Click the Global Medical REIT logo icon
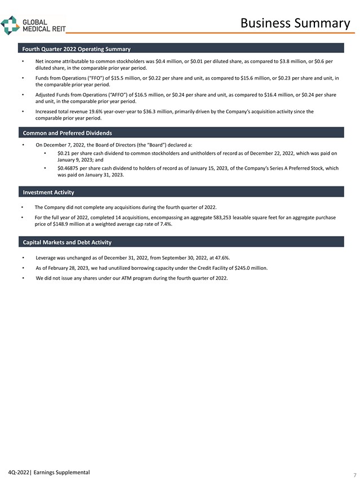point(10,25)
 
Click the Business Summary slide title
point(295,23)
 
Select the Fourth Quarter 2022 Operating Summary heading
point(77,50)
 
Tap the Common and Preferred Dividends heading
point(67,133)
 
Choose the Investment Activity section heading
point(48,193)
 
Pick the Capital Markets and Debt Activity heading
point(67,242)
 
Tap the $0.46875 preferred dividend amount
point(69,168)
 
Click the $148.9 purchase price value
point(52,224)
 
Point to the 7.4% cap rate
point(166,224)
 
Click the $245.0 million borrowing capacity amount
point(251,268)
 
